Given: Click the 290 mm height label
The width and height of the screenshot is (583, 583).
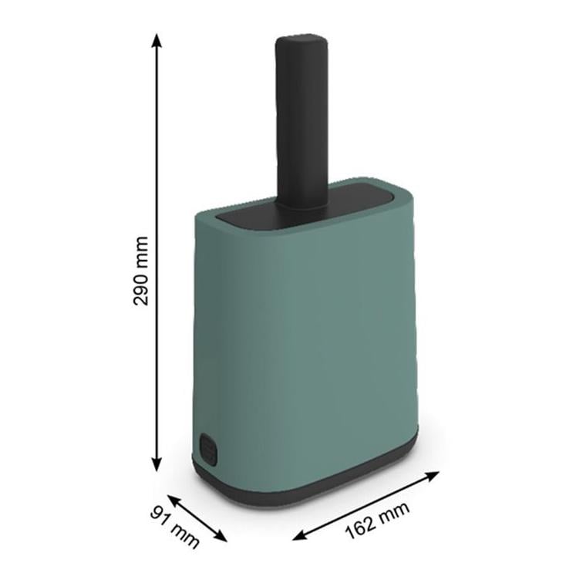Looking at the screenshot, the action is [x=141, y=271].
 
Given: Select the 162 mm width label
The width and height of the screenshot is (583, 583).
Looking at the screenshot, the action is [x=377, y=521].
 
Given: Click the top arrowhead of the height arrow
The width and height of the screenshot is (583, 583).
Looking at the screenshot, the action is [x=157, y=40].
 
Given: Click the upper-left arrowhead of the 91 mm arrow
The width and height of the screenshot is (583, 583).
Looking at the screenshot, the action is [x=174, y=500].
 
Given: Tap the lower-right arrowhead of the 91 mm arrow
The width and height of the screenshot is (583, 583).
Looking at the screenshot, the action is [x=221, y=537].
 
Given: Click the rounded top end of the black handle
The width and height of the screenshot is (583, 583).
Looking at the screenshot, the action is [x=302, y=41].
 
